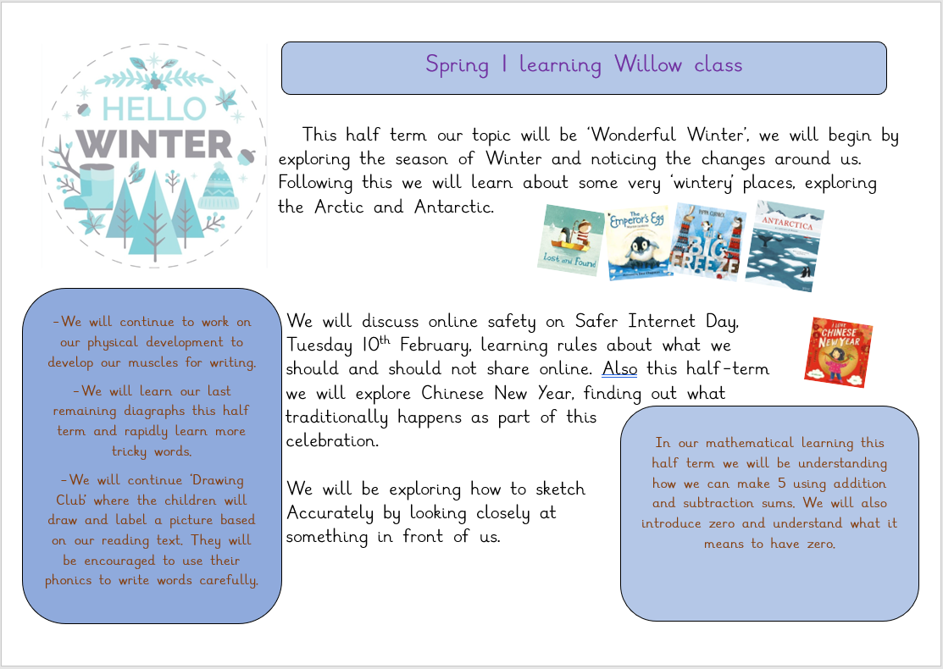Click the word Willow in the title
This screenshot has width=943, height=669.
[647, 64]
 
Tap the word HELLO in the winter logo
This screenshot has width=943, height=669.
[154, 108]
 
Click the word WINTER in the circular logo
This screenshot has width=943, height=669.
[154, 144]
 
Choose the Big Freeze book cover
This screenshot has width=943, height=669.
[707, 241]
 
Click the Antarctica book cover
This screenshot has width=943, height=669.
[785, 246]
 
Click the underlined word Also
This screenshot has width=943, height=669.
[619, 368]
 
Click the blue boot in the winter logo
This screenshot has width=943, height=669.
[90, 187]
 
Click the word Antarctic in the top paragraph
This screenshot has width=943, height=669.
[454, 207]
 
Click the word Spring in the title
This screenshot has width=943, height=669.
[457, 65]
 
